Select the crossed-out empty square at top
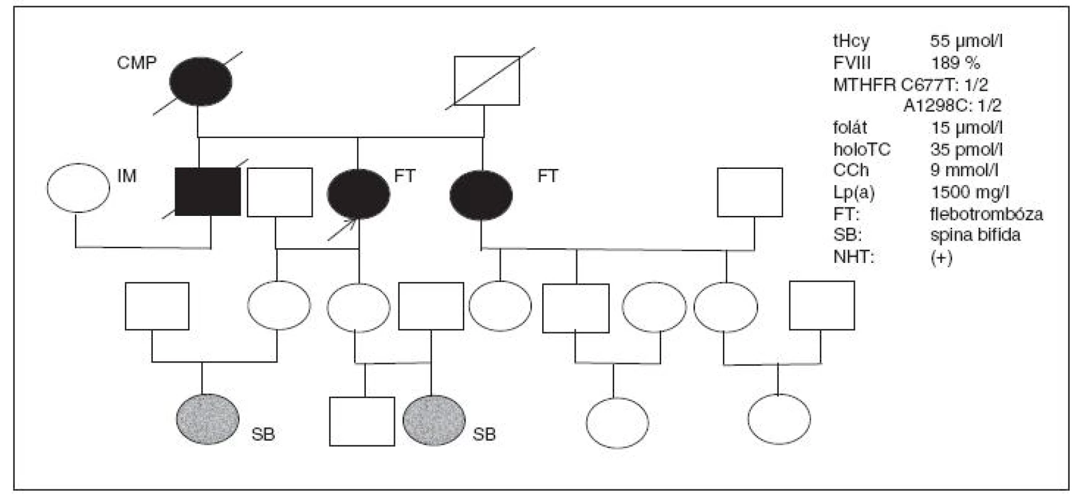[x=486, y=81]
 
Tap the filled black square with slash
[x=208, y=192]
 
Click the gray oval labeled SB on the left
[x=207, y=420]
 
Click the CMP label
[x=137, y=63]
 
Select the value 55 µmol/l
[x=966, y=41]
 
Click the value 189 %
[x=955, y=63]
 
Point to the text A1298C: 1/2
[x=952, y=106]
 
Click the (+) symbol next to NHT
[x=941, y=257]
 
